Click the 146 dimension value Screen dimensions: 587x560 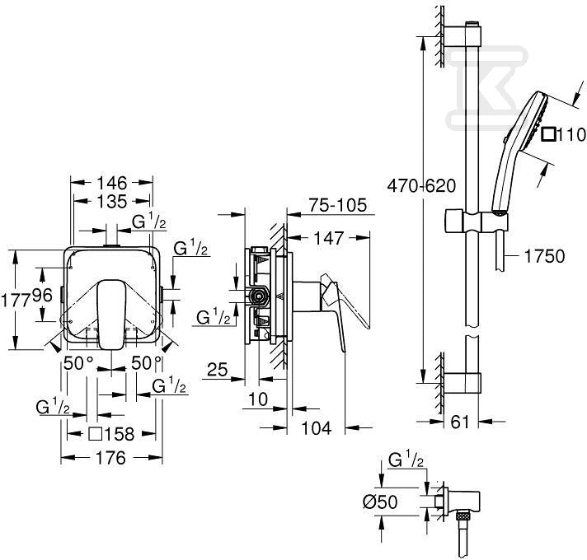coord(112,183)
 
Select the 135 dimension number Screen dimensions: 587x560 coord(112,202)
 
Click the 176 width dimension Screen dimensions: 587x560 coord(110,458)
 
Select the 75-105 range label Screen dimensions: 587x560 coord(338,205)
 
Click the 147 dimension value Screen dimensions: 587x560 coord(328,238)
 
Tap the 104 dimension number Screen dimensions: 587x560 coord(317,428)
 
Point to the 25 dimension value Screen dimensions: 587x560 coord(217,370)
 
